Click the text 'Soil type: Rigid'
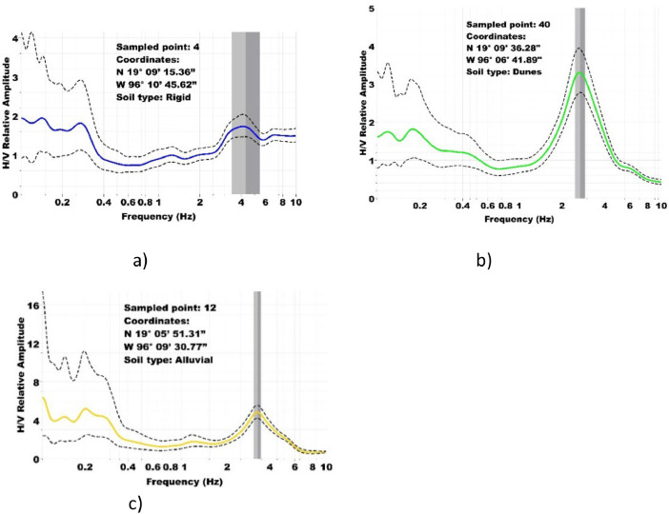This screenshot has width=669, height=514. coord(153,98)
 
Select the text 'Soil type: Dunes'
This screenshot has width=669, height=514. coord(504,71)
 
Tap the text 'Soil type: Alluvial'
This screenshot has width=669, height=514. coord(169,360)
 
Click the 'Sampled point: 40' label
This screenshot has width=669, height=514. coord(508,25)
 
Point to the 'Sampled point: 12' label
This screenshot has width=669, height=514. coord(171,307)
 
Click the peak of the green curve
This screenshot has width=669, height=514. coord(579,72)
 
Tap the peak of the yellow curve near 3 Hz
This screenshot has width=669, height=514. coord(257,412)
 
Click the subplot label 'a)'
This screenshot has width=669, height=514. coord(140,261)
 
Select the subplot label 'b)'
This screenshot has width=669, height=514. coord(484,261)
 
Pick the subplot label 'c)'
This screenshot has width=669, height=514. coord(135,504)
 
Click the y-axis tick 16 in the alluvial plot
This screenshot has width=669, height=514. coord(34,306)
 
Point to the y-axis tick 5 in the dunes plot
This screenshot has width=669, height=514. coord(372,9)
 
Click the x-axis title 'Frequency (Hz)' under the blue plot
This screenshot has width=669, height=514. coord(159,216)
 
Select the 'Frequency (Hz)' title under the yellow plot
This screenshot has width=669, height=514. coord(184,482)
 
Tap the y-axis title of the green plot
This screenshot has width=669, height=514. coord(363,103)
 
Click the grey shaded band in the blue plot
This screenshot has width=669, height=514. coord(246,113)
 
